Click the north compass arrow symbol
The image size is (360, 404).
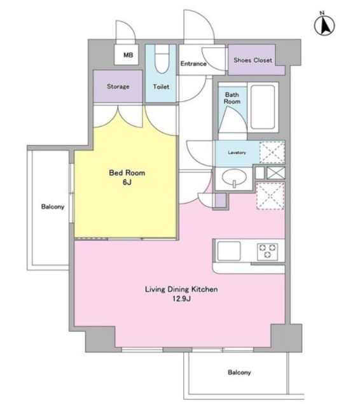point(324,25)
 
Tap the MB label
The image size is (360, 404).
point(128,55)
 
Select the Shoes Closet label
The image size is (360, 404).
point(253,60)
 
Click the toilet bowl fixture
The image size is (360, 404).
point(162,59)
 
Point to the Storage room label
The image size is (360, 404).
point(118,87)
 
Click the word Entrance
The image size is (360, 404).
point(193,64)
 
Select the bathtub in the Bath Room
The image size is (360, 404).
point(263,107)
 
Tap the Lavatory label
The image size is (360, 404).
point(237,153)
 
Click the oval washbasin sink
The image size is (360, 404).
point(234,178)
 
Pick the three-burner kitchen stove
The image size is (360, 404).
point(267,251)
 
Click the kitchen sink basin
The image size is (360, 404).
point(229,251)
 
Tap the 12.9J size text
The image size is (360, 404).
point(181,299)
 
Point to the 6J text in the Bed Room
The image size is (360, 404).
point(127,182)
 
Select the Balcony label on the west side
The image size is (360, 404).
point(53,207)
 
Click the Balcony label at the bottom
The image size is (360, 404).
point(239,372)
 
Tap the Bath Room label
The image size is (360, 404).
point(232,98)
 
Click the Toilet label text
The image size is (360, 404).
point(161,87)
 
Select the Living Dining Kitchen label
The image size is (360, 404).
point(181,289)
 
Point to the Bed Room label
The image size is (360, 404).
point(127,172)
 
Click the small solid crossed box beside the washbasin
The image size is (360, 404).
point(276,173)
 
